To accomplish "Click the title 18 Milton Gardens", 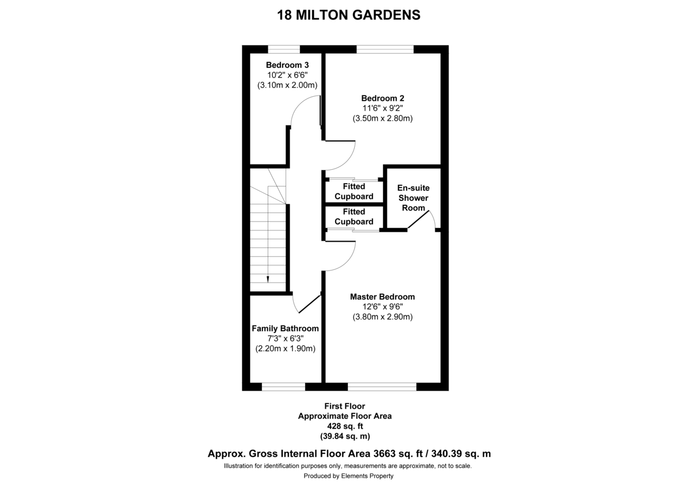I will [x=349, y=15].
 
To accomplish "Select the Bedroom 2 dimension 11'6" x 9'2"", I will [x=383, y=108].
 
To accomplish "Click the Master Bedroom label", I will [x=382, y=296].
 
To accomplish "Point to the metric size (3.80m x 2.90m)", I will [x=382, y=317].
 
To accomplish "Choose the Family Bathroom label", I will [x=285, y=328].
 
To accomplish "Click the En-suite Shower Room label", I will [x=413, y=197].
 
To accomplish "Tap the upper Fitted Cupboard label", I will [x=354, y=191].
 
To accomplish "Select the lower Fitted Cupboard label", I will [x=354, y=216].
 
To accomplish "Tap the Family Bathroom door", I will [x=307, y=303].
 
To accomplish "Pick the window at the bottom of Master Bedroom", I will [x=382, y=387].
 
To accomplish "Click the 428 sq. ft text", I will [x=345, y=426].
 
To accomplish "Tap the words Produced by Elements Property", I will [x=348, y=476].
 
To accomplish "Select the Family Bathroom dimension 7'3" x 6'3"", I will [x=285, y=338].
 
